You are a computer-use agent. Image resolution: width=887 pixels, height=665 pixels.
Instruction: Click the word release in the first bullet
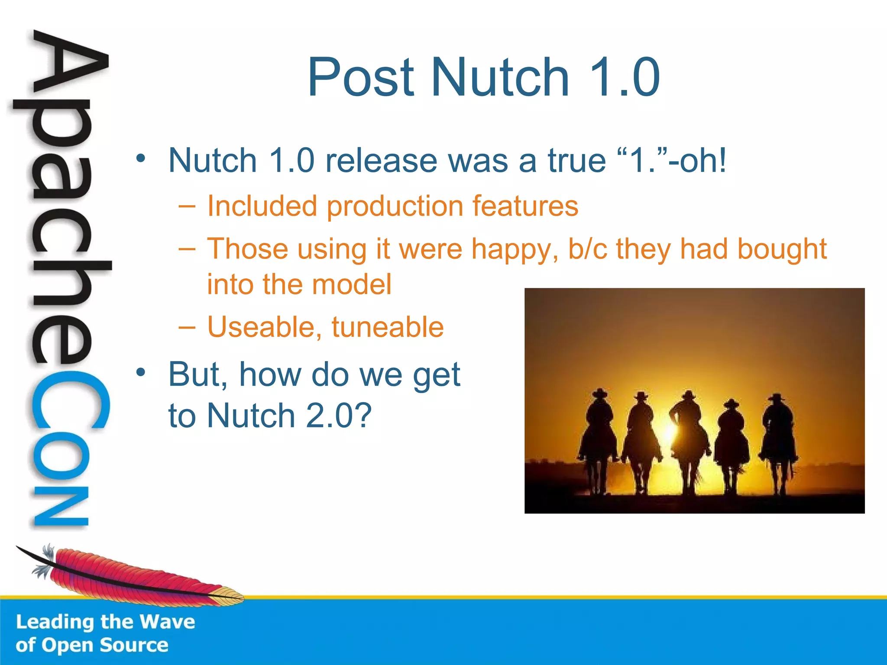click(381, 161)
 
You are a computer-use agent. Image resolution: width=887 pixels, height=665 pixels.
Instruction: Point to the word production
click(395, 207)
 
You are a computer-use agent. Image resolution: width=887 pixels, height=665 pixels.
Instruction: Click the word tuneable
click(388, 327)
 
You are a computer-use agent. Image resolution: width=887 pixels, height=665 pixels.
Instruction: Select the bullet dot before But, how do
click(140, 372)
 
